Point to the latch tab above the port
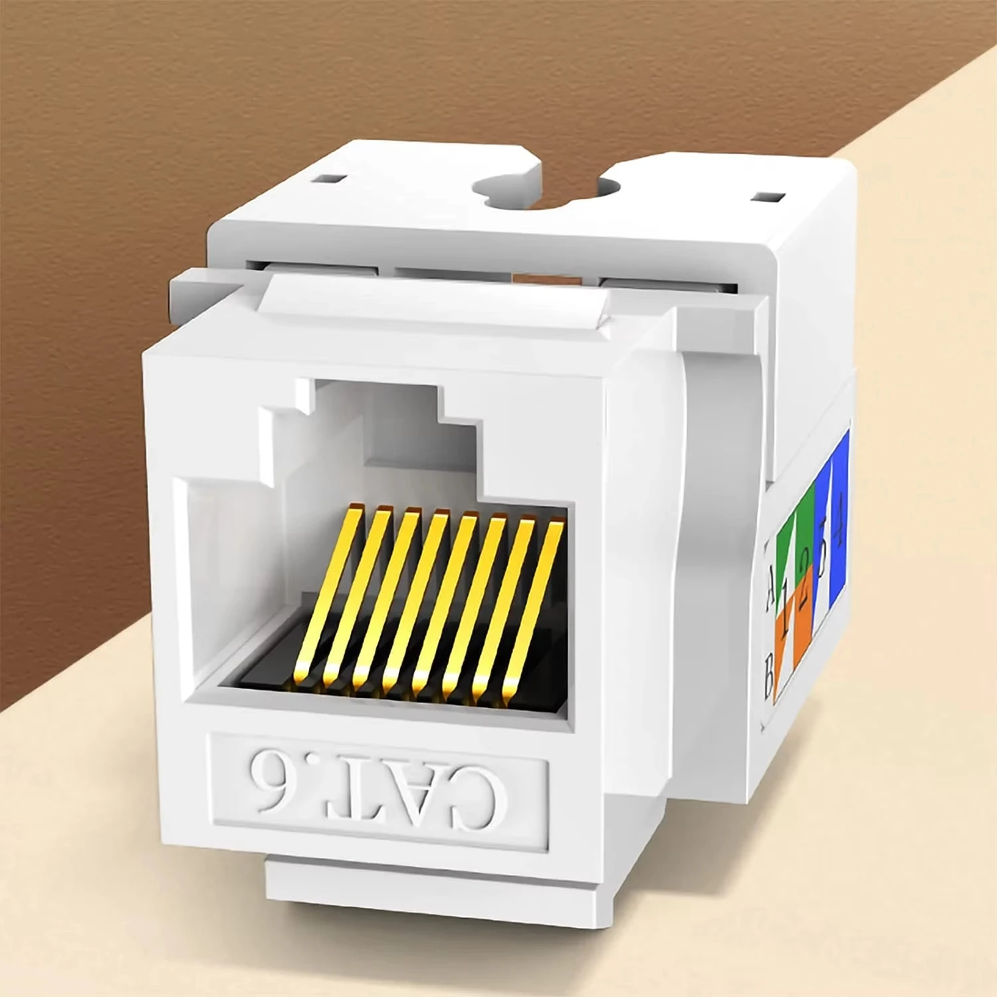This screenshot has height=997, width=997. tap(432, 299)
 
